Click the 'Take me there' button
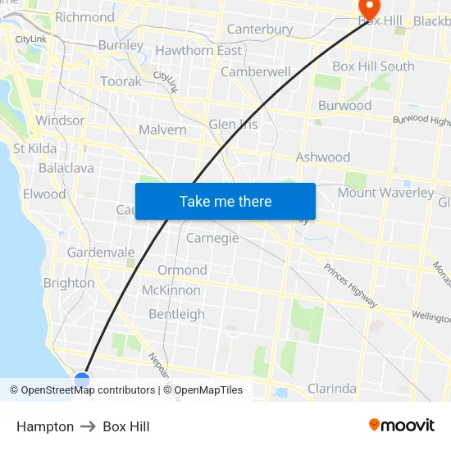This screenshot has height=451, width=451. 225,201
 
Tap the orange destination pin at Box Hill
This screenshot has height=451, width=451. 369,8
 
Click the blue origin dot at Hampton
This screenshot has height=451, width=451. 82,379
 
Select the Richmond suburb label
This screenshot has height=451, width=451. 84,16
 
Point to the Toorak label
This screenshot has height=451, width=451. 121,81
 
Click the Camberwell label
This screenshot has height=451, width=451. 256,71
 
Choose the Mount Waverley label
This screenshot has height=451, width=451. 385,193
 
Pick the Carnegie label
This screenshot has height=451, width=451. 212,238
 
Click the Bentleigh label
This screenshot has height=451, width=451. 176,314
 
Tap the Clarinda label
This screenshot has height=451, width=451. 331,388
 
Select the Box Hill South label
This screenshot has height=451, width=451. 373,66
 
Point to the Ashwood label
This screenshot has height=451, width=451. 322,157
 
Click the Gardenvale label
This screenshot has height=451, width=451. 101,252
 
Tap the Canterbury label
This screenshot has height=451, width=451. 259,29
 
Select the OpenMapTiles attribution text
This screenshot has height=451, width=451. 208,390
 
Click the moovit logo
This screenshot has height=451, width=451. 402,425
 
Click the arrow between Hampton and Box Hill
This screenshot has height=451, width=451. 88,426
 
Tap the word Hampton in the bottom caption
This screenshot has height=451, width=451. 45,426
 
